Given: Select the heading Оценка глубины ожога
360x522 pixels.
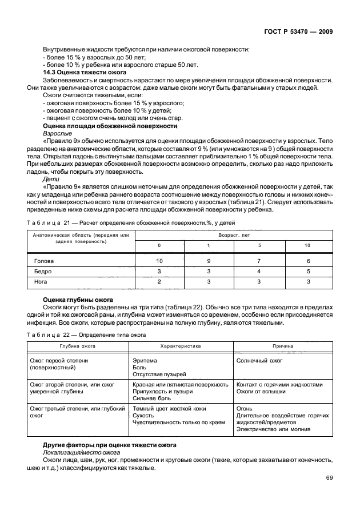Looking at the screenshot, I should (x=78, y=300).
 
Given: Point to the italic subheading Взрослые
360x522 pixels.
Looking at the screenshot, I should (x=54, y=133).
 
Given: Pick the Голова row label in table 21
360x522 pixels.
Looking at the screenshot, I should (x=43, y=261).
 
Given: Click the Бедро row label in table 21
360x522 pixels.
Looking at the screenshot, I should (x=43, y=271).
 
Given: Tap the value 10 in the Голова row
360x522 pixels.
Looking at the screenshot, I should (x=159, y=261).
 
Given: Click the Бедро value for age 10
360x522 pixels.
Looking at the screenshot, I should (x=308, y=271).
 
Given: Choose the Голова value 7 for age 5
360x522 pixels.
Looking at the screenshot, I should (x=258, y=261).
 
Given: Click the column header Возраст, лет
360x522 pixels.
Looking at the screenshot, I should (x=234, y=235).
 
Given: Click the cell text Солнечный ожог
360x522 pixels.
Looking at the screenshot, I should (x=259, y=361).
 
